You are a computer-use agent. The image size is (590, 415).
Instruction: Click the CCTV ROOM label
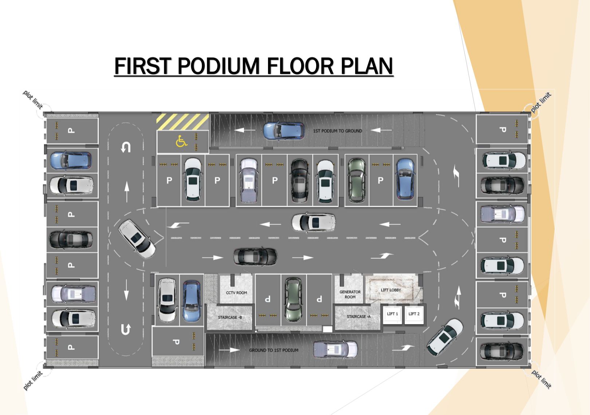236,293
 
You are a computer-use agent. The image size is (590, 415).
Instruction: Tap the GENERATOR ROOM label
350,295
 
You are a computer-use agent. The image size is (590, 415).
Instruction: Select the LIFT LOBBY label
391,290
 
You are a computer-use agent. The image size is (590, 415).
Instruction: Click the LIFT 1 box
392,315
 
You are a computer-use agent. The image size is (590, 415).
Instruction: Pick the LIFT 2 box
414,315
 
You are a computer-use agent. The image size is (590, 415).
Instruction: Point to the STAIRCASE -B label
230,317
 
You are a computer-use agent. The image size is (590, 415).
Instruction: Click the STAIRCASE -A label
358,316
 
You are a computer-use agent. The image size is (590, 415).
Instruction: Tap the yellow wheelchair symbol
181,141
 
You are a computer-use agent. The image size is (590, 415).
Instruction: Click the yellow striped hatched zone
182,122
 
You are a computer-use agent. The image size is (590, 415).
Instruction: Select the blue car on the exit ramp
284,130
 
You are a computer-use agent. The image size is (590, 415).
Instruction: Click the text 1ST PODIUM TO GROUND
337,131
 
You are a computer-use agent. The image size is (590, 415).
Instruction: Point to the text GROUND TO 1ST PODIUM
274,350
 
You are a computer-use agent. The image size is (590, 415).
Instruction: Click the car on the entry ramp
335,350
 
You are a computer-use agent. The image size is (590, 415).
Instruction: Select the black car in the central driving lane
255,257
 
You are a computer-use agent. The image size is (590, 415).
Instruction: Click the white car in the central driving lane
314,222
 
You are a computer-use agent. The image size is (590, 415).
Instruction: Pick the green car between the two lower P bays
293,300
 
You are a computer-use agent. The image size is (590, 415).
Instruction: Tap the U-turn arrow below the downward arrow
126,329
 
